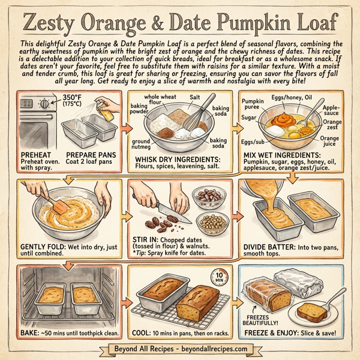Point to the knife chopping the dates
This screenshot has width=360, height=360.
(176, 214)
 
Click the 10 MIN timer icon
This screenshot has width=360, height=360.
(218, 277)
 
